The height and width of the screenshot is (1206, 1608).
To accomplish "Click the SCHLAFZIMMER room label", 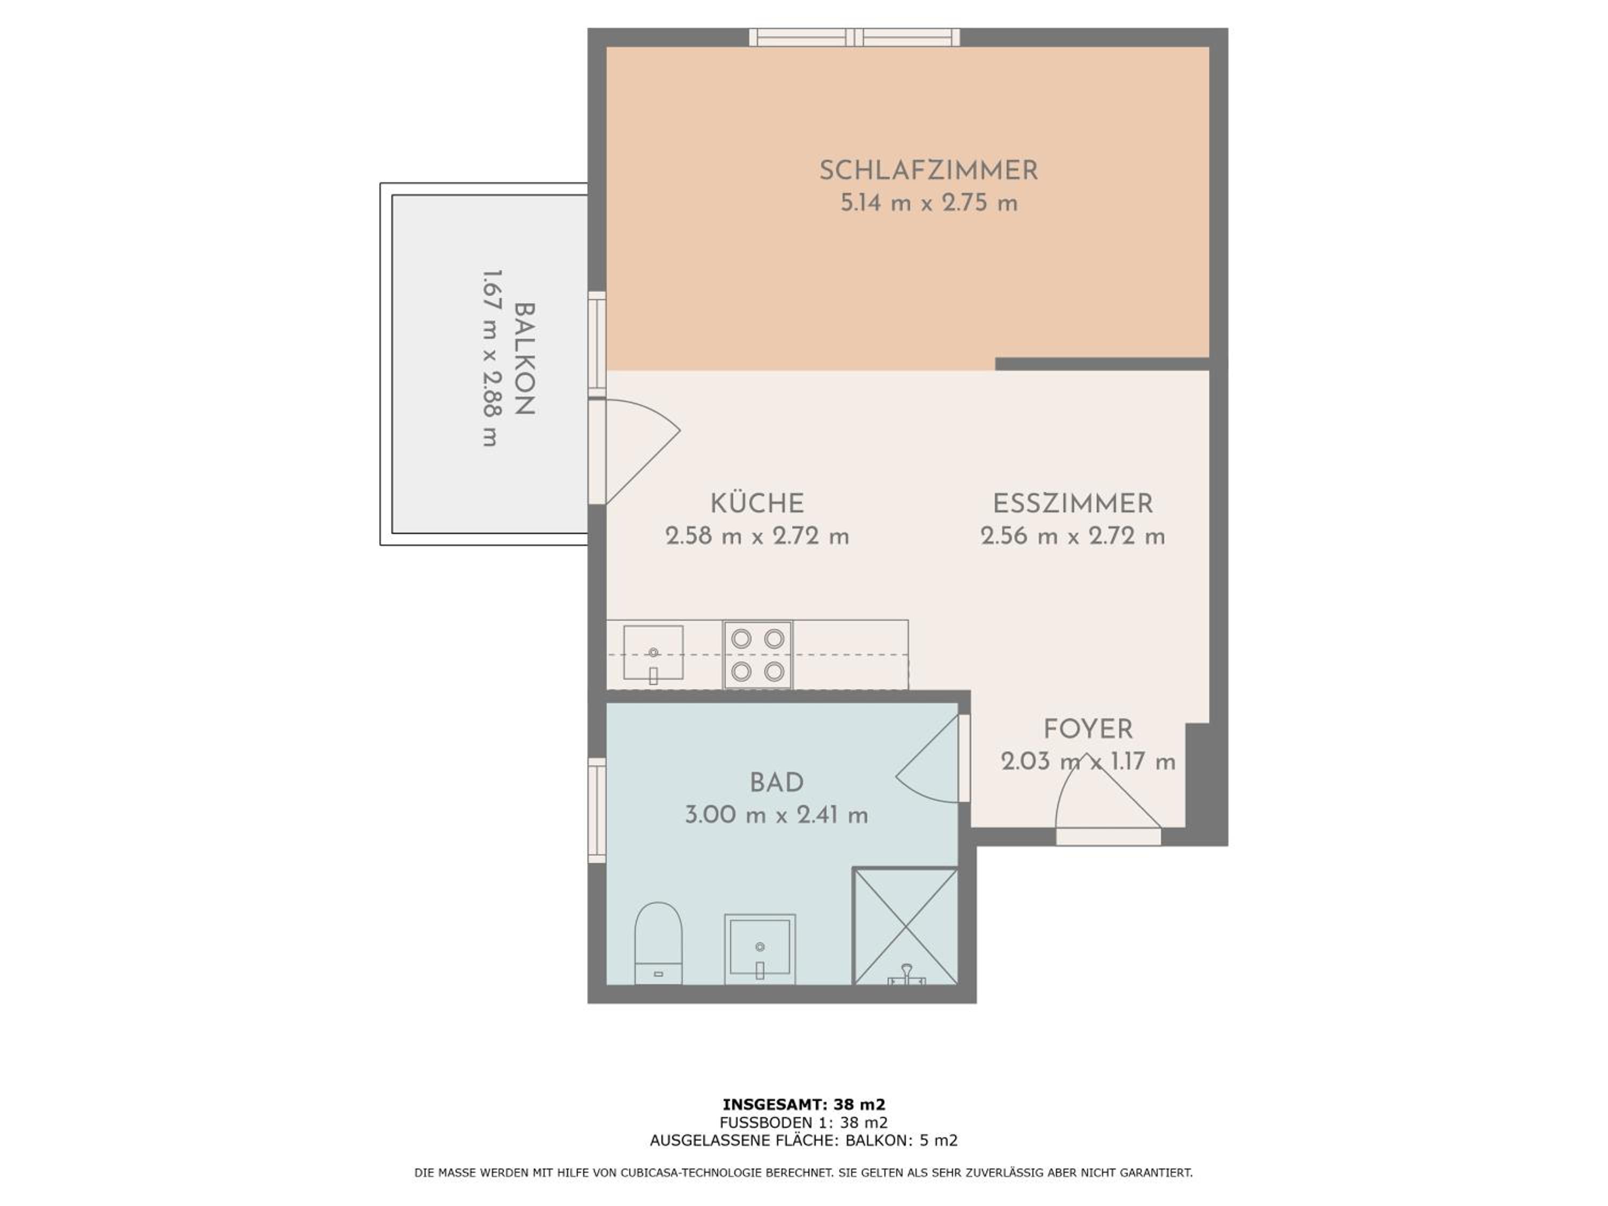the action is (928, 171).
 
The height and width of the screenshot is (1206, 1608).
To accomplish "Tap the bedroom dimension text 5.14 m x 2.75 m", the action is (928, 203).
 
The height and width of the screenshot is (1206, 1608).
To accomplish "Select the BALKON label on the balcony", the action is (524, 359).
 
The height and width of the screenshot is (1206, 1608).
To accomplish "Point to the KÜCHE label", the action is (757, 503).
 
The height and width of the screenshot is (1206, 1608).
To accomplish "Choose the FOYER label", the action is (1088, 729).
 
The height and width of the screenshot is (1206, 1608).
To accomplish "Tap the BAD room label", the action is (776, 783).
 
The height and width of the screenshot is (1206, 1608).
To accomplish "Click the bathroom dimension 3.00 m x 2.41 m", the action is (776, 815).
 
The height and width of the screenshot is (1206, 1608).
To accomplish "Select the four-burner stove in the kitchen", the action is (757, 654).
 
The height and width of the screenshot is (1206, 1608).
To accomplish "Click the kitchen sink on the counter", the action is (653, 653).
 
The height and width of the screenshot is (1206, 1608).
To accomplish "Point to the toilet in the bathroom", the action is (658, 943).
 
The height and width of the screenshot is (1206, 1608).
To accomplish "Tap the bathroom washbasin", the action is (760, 949).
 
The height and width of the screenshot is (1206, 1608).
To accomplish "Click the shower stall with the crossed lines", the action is (905, 926).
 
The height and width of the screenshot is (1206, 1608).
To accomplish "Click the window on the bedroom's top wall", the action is (854, 37).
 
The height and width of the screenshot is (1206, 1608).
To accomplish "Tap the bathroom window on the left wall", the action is (597, 810).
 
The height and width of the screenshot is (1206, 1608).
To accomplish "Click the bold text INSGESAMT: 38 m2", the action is (804, 1105).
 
